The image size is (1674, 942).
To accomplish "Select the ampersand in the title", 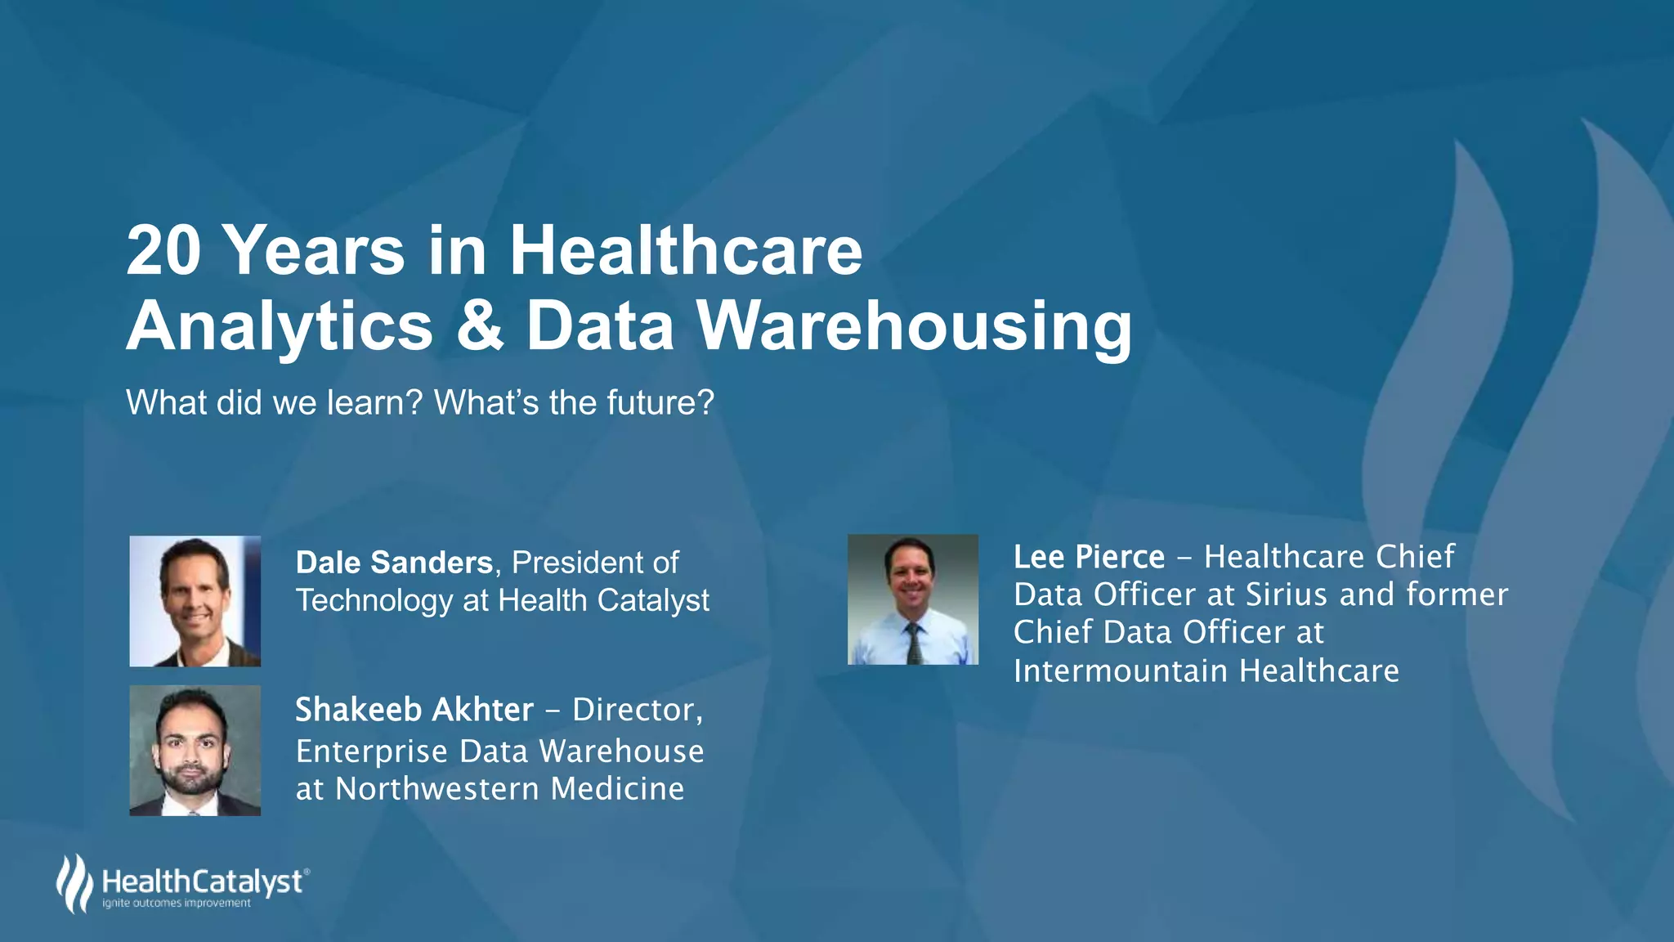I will [x=480, y=325].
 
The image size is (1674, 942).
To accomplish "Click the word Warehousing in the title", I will [x=914, y=327].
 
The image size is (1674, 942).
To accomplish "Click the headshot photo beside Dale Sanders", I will [x=195, y=601].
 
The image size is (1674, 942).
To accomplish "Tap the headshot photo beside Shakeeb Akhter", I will [x=195, y=751].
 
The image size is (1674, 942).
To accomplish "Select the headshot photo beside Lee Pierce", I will [x=913, y=599].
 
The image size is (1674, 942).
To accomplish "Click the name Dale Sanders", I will [x=394, y=563].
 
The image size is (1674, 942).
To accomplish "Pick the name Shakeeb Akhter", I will [x=414, y=710].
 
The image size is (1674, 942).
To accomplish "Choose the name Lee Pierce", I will [x=1089, y=557].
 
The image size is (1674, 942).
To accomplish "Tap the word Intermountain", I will [x=1121, y=671].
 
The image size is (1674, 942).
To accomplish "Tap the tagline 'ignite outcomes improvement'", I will [x=177, y=904].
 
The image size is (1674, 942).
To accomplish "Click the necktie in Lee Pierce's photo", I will [x=914, y=643].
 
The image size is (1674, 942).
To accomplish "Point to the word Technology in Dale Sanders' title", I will [x=374, y=601].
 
